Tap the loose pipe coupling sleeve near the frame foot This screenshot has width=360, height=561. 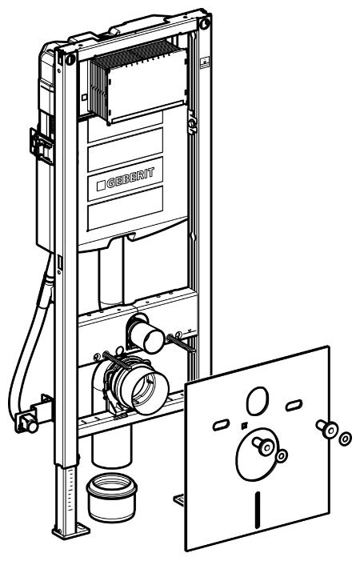click(x=111, y=497)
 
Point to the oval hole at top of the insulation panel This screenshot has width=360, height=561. click(x=258, y=400)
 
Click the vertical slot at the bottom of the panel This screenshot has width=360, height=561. click(x=257, y=509)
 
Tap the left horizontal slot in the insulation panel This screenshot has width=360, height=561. click(x=222, y=424)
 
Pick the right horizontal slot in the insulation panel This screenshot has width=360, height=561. click(x=294, y=406)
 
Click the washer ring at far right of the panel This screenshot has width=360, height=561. click(x=345, y=439)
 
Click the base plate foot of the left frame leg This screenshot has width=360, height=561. click(x=70, y=531)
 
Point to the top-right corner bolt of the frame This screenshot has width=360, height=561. click(x=205, y=24)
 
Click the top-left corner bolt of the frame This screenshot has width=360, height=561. click(x=70, y=58)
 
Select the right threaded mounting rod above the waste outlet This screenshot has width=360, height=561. click(x=181, y=342)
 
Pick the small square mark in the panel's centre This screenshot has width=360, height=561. click(x=244, y=425)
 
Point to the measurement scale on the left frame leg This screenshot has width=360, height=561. click(x=72, y=494)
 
